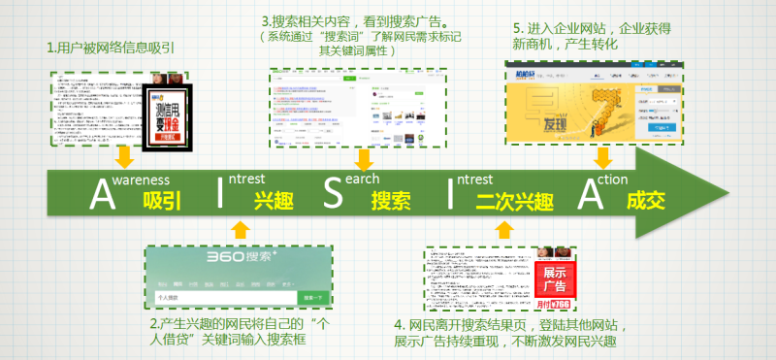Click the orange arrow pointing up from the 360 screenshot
tap(242, 230)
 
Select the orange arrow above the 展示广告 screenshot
tap(504, 230)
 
